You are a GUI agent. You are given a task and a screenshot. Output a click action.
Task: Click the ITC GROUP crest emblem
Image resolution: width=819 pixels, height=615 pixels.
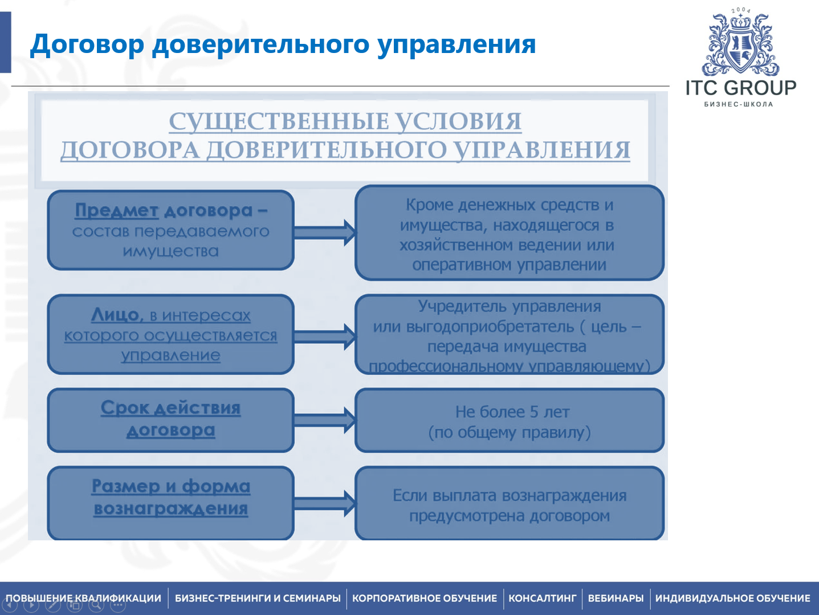point(740,45)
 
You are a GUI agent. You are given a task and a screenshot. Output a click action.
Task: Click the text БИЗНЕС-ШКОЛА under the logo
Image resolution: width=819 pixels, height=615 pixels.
point(739,104)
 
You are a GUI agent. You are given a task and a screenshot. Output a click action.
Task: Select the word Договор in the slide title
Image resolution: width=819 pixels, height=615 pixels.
point(87,44)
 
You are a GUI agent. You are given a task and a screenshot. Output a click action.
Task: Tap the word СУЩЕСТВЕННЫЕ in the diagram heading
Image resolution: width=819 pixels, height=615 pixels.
point(276,121)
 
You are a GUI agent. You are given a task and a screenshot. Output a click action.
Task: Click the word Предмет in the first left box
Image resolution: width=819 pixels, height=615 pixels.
point(116,210)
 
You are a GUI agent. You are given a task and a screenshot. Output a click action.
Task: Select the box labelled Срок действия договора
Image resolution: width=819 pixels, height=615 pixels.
point(170,420)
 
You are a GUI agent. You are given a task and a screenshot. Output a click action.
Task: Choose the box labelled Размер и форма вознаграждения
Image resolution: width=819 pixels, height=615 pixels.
point(170,502)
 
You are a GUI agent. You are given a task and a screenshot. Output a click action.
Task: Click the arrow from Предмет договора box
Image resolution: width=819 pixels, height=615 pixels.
point(325,232)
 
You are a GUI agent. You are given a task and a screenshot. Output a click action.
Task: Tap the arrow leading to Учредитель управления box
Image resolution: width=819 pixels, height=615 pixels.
point(325,336)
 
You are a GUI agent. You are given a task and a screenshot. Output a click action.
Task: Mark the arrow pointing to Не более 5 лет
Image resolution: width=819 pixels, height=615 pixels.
point(325,420)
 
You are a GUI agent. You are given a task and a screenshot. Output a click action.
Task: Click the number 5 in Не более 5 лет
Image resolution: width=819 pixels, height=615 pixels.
point(534,412)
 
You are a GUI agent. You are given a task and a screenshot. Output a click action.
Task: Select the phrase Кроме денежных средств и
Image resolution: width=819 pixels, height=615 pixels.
point(509,205)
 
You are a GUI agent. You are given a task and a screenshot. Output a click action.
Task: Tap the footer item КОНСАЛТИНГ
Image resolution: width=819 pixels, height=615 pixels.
point(542,598)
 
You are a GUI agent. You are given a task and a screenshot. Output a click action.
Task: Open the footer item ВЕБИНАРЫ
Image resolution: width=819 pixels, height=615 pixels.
point(616,598)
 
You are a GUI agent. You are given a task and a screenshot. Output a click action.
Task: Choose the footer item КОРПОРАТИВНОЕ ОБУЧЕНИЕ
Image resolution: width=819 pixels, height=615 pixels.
point(425,598)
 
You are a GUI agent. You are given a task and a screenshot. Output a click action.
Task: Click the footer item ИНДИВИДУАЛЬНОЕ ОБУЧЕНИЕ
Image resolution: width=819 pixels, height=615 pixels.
point(732,598)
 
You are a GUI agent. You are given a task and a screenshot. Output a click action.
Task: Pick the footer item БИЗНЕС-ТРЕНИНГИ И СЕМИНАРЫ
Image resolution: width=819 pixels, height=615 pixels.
point(258,598)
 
